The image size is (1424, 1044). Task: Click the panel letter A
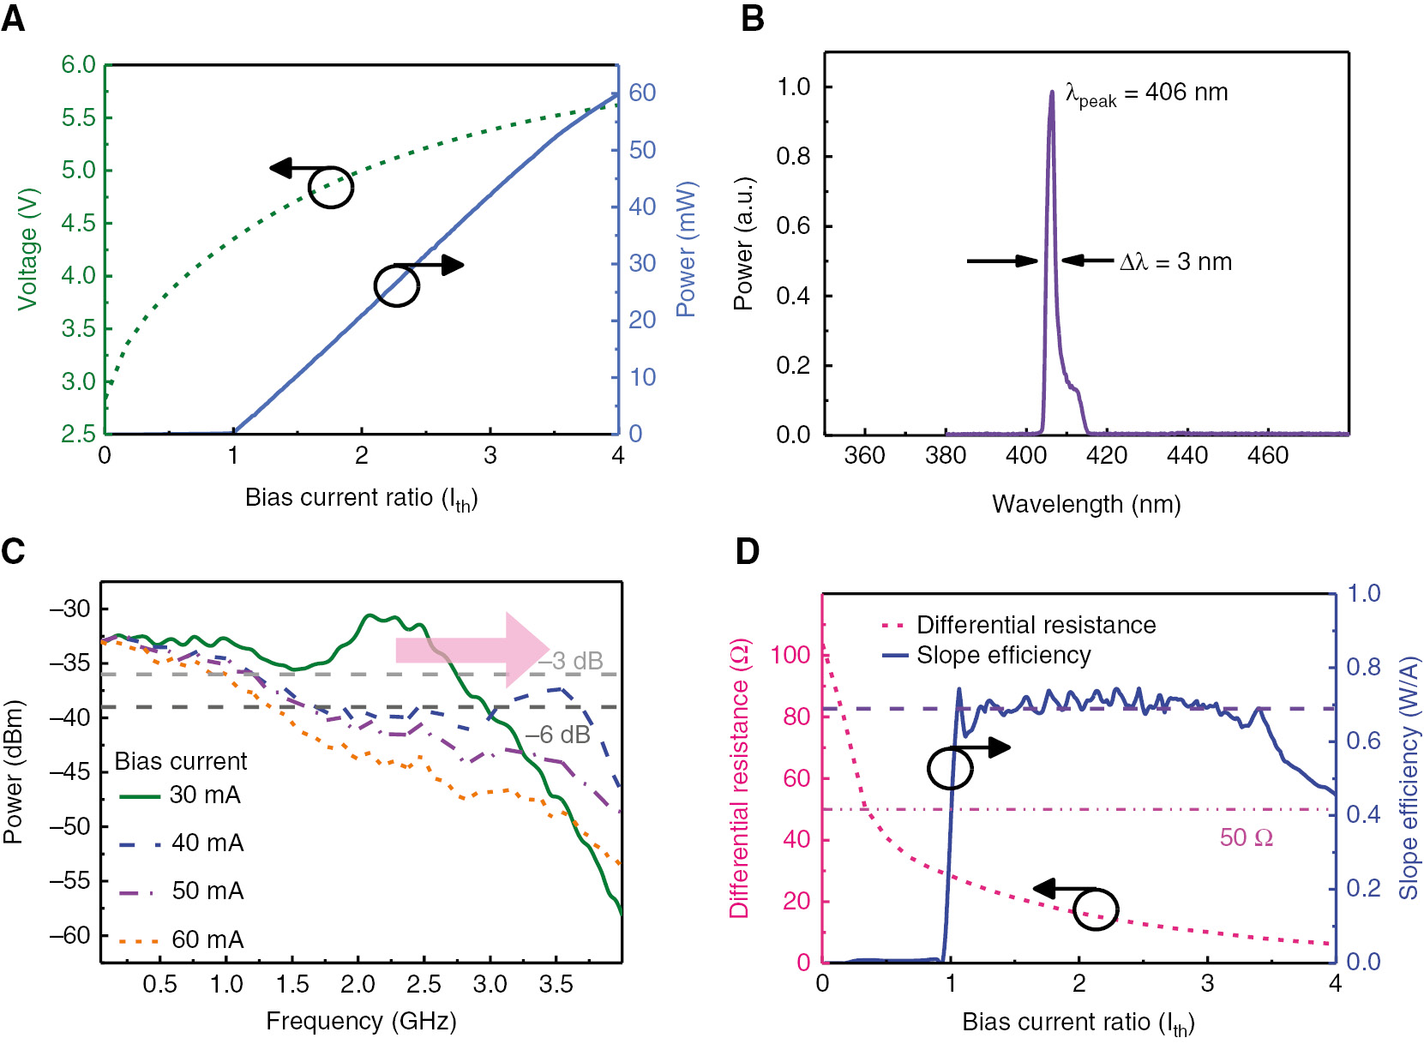13,18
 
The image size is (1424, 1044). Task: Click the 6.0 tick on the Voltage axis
78,65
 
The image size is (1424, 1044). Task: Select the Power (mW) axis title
687,249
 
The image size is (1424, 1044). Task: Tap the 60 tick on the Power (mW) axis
642,93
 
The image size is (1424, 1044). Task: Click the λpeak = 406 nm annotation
1146,93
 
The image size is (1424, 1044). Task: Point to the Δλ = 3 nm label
1175,262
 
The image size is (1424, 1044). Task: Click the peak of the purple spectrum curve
1052,93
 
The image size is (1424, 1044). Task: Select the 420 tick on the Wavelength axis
1106,455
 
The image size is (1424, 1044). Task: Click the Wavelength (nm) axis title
1086,504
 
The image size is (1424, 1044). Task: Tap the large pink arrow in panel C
472,650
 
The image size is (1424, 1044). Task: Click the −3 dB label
572,661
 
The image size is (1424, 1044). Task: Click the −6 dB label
558,735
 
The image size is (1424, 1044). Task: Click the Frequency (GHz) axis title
361,1021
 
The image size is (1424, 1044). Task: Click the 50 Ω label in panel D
1246,837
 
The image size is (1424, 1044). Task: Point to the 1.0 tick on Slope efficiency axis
1363,593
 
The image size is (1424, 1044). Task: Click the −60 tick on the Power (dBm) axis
69,935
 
